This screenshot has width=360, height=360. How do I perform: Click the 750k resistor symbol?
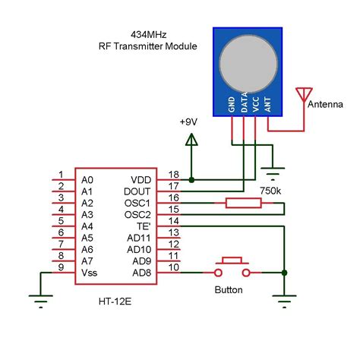tap(243, 203)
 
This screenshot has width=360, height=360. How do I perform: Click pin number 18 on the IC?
tap(173, 175)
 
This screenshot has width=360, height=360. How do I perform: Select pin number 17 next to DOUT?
tap(173, 186)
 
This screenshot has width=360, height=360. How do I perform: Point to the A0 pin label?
tap(88, 180)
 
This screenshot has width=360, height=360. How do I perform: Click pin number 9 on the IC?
tap(60, 266)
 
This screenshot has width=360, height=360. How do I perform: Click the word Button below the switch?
tap(229, 289)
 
